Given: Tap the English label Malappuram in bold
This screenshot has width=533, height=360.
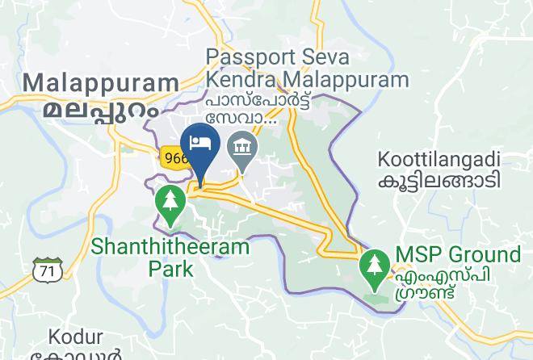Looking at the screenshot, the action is (102, 83).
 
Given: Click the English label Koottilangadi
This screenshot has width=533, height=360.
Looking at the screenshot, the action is (442, 158).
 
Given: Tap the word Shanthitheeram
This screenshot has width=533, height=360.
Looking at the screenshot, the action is (170, 246).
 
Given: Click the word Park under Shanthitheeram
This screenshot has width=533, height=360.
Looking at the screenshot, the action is (170, 268).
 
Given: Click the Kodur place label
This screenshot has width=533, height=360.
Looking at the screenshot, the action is (75, 336).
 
